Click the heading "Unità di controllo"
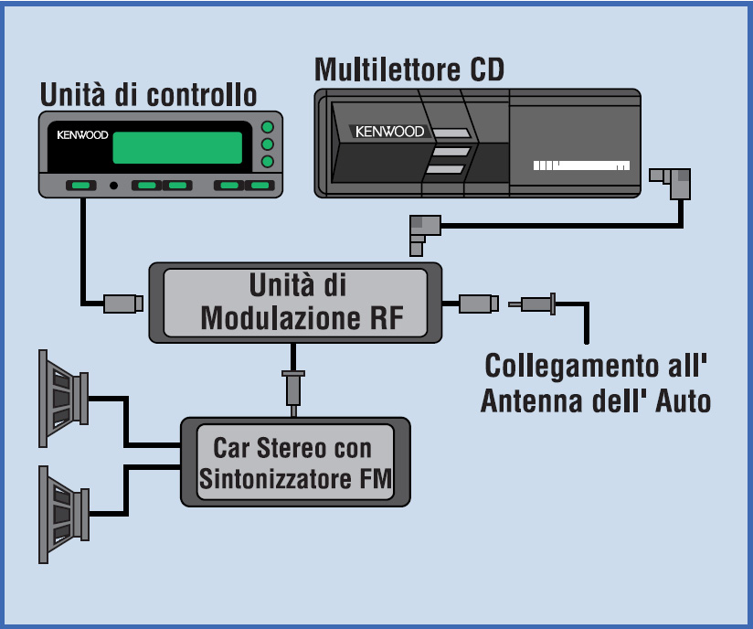tap(148, 94)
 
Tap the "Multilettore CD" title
tap(408, 69)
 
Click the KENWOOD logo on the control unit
tap(82, 135)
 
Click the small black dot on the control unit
tap(114, 186)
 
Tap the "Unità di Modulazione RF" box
tap(295, 303)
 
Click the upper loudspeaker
tap(62, 399)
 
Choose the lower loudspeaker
tap(62, 514)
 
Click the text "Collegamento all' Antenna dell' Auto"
tap(596, 382)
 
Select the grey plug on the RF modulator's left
tap(122, 304)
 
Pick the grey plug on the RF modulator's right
tap(477, 304)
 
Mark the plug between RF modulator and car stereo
tap(293, 387)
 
